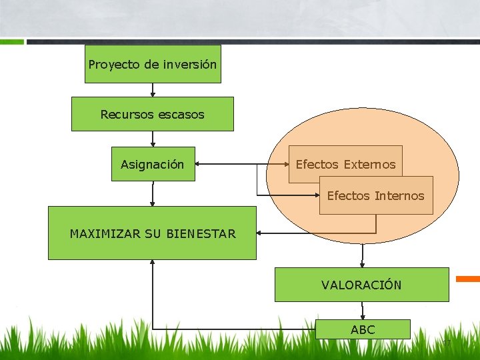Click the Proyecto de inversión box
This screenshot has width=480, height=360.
coord(153,64)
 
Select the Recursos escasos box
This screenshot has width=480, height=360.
coord(153,114)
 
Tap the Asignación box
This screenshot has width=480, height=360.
coord(153,164)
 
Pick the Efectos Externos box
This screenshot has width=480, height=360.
coord(345,161)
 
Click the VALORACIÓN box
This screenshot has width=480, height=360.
coord(361,285)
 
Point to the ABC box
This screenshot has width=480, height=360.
coord(363,329)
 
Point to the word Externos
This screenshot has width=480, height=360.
coord(369,165)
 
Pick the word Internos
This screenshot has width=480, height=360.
coord(399,196)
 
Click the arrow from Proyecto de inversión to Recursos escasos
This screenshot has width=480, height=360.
coord(153,90)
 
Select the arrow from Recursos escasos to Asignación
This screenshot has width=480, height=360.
coord(153,139)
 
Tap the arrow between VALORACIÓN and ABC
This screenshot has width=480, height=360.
coord(362,311)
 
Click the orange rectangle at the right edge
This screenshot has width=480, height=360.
coord(468,279)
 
